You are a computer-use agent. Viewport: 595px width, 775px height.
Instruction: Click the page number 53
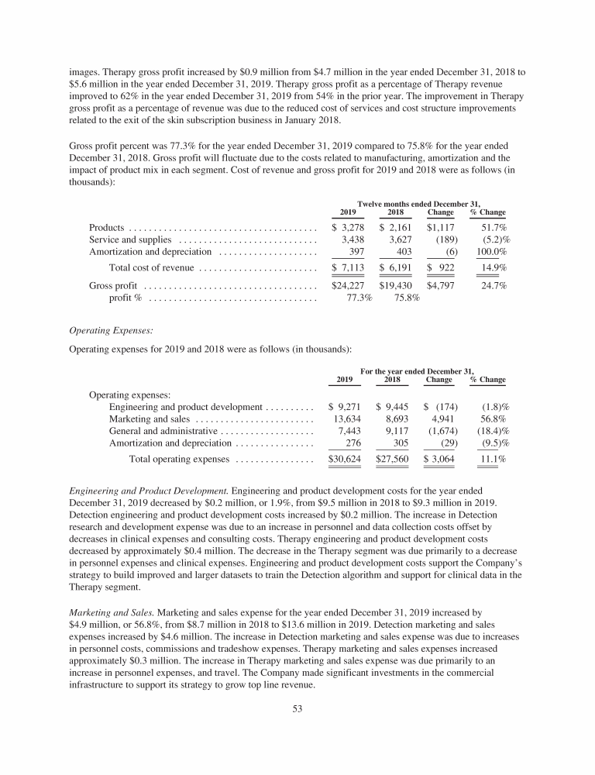point(297,708)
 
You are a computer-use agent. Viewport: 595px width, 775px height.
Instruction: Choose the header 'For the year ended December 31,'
point(418,370)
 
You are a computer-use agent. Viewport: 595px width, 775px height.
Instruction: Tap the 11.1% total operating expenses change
point(494,460)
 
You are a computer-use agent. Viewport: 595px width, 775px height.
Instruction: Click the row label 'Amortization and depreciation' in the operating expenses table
point(170,443)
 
